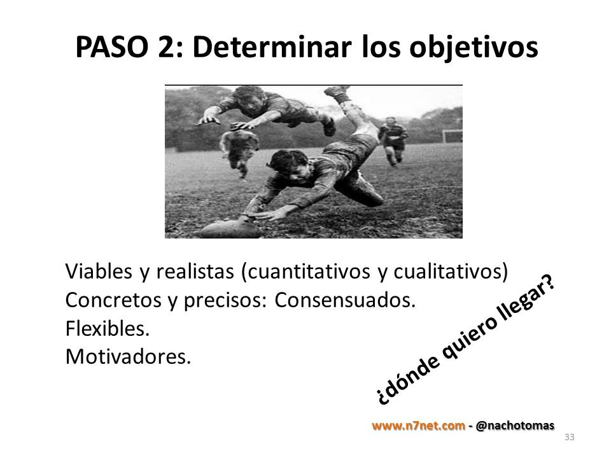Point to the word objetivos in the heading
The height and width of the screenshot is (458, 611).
(474, 48)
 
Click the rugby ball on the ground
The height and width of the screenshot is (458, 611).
(230, 228)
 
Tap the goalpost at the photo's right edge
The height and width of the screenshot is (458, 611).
(452, 136)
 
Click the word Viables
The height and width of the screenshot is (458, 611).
(99, 271)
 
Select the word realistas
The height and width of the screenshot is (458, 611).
(195, 271)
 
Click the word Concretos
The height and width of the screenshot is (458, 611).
(113, 300)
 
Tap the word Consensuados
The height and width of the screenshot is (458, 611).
(345, 300)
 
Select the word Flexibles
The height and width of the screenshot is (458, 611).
(108, 328)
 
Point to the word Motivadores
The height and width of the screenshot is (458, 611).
(128, 356)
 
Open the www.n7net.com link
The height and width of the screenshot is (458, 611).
(418, 426)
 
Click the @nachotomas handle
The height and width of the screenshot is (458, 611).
(515, 426)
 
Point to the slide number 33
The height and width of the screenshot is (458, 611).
(569, 437)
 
